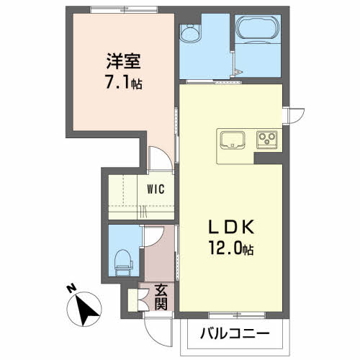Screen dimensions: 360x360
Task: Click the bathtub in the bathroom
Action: pyautogui.click(x=258, y=30)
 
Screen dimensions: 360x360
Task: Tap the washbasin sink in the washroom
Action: pyautogui.click(x=191, y=33)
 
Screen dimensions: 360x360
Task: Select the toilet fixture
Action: pyautogui.click(x=123, y=263)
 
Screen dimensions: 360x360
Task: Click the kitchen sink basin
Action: pyautogui.click(x=233, y=140)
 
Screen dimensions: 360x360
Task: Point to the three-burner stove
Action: pyautogui.click(x=267, y=140)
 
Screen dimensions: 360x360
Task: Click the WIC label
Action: pyautogui.click(x=156, y=189)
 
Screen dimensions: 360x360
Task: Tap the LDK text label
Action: pyautogui.click(x=231, y=227)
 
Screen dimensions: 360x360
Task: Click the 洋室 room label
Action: pyautogui.click(x=124, y=61)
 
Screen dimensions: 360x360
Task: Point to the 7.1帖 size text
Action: pyautogui.click(x=124, y=81)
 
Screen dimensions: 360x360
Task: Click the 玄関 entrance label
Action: pyautogui.click(x=161, y=297)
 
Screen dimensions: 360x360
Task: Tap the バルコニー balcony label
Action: pyautogui.click(x=235, y=333)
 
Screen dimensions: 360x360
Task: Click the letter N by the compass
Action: pyautogui.click(x=71, y=288)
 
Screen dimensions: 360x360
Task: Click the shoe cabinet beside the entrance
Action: pyautogui.click(x=132, y=300)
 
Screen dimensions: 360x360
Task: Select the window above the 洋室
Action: pyautogui.click(x=124, y=9)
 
